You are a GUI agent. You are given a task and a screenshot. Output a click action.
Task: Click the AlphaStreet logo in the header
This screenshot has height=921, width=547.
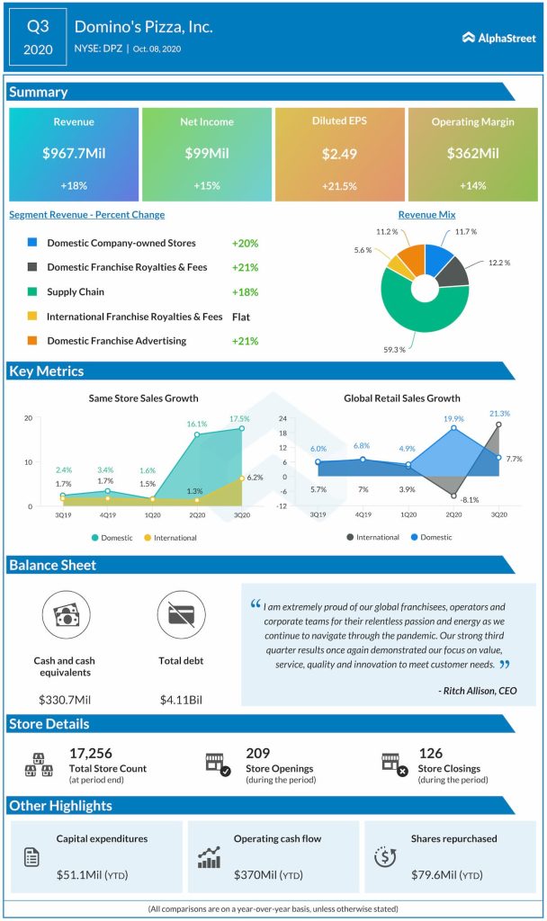point(498,38)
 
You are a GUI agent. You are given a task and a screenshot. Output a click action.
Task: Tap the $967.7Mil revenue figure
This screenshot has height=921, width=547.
point(74,154)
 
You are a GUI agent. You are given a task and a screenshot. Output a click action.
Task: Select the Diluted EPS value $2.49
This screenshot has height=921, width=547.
point(339,154)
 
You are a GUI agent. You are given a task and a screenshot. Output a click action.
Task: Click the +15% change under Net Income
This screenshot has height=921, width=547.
point(206,185)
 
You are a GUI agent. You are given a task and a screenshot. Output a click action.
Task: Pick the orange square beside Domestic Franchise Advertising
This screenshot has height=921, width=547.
point(32,341)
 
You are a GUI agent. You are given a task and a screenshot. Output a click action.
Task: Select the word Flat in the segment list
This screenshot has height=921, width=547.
point(241,317)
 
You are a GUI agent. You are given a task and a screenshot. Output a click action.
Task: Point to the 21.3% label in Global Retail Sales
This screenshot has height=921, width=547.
point(498,414)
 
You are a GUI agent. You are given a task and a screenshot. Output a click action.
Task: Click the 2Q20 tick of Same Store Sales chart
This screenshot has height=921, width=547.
point(196,515)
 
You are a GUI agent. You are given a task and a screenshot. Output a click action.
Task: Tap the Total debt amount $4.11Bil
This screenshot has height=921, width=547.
point(181,699)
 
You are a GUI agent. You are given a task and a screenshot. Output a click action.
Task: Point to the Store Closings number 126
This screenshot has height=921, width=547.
point(432,753)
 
